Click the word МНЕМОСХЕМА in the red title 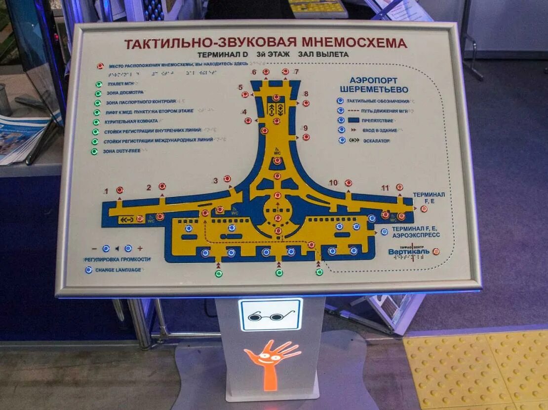[x=352, y=43]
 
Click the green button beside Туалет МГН [x=99, y=85]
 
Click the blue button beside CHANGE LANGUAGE [x=89, y=270]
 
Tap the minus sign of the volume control [x=94, y=249]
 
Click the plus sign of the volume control [x=140, y=249]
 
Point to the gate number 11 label [x=386, y=188]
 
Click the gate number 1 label [x=106, y=191]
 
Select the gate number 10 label [x=334, y=183]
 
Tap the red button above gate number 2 [x=162, y=186]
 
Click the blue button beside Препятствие [x=341, y=120]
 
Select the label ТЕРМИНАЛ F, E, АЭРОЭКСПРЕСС [x=416, y=232]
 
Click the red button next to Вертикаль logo [x=436, y=251]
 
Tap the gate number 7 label [x=296, y=72]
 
